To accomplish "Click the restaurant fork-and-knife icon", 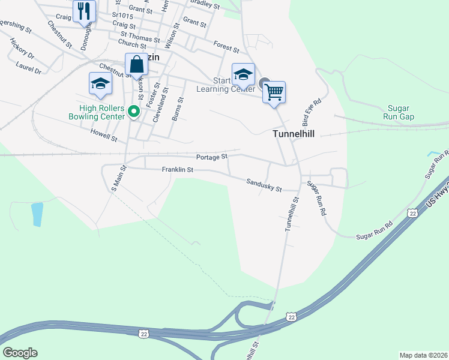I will tap(84, 11).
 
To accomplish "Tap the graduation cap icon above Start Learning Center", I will tap(243, 74).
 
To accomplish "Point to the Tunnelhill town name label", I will tap(294, 134).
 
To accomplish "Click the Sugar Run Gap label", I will tap(399, 112).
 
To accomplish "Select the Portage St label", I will tap(211, 157).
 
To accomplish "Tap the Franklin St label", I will tap(177, 170).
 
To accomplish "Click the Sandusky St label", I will tap(264, 185).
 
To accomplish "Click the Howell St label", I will tap(103, 134).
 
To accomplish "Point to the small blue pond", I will tap(37, 214).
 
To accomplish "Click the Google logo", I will tap(20, 352).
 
